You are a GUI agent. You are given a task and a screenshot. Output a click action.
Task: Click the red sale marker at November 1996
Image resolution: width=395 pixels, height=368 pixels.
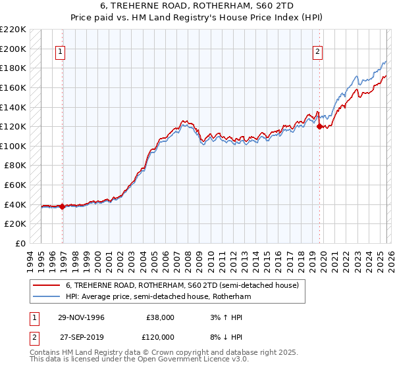coord(63,206)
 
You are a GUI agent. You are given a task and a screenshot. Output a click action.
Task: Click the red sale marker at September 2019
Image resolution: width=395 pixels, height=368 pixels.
coord(319,127)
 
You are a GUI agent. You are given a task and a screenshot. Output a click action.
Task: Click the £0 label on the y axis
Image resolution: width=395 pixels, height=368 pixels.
coord(21,243)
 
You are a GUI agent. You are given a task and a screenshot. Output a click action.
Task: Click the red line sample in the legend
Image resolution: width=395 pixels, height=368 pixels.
coord(46,286)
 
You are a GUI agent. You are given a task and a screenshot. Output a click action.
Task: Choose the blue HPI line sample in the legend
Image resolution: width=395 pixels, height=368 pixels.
coord(46,297)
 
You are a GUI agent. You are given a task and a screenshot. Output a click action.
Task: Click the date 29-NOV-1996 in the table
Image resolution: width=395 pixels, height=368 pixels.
coord(82,317)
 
